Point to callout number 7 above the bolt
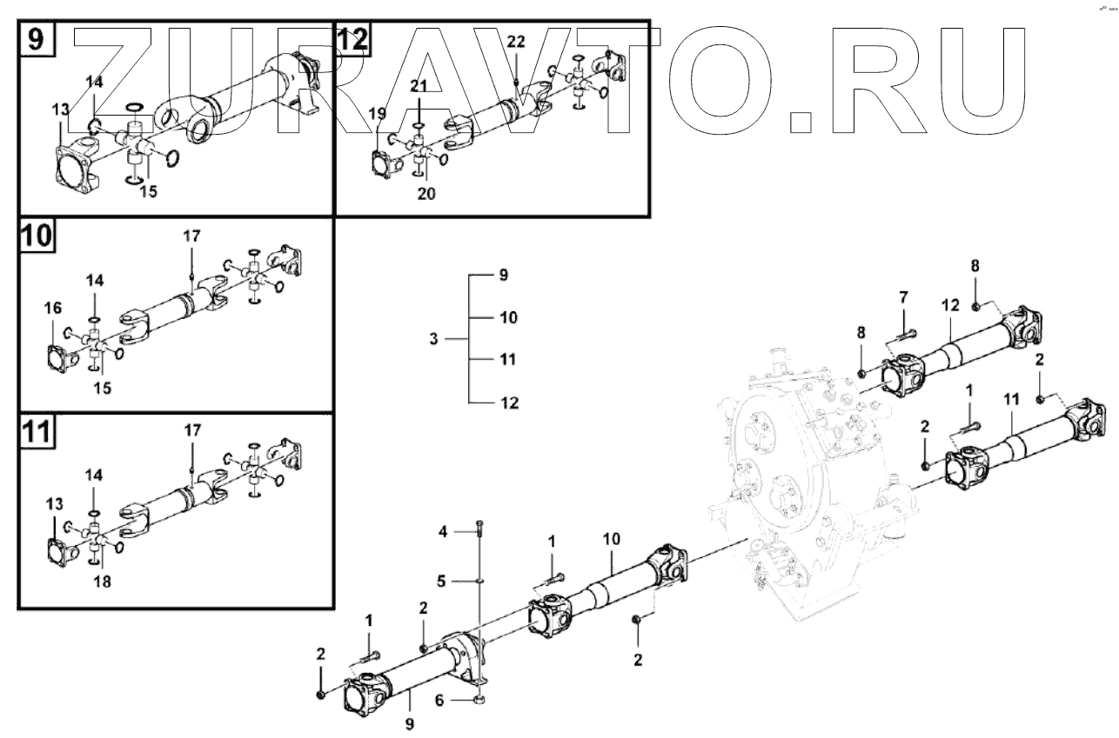pyautogui.click(x=903, y=299)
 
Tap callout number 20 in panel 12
pyautogui.click(x=425, y=193)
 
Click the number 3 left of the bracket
pyautogui.click(x=433, y=340)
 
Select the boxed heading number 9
pyautogui.click(x=36, y=39)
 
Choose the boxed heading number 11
pyautogui.click(x=36, y=431)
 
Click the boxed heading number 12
pyautogui.click(x=353, y=39)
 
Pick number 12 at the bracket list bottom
pyautogui.click(x=509, y=402)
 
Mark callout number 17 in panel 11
pyautogui.click(x=191, y=429)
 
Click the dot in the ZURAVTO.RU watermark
pyautogui.click(x=799, y=123)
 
